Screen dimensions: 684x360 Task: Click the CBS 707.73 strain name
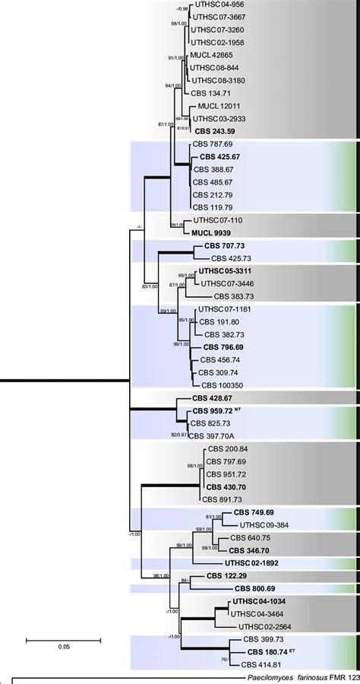tap(226, 246)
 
